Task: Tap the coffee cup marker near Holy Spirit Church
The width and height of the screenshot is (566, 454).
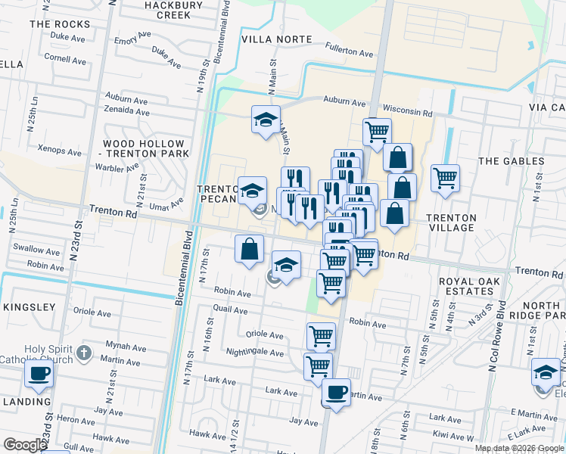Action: pos(39,373)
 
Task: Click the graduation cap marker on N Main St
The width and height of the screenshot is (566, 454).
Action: pos(266,120)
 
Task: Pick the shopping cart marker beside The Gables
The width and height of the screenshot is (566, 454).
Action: pos(446,179)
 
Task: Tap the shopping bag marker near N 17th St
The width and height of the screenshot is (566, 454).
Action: pos(250,248)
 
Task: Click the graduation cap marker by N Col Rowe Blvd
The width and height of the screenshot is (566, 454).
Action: pos(546,372)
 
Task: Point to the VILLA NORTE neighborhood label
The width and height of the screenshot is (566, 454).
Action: pos(276,39)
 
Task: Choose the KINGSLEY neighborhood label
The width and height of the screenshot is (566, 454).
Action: pos(29,307)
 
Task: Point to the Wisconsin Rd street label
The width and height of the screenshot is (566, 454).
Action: pos(406,107)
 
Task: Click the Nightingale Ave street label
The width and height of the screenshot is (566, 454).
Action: pos(256,353)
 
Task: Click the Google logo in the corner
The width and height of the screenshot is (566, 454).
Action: pos(25,445)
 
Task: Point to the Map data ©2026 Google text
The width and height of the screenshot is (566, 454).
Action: pos(519,448)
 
